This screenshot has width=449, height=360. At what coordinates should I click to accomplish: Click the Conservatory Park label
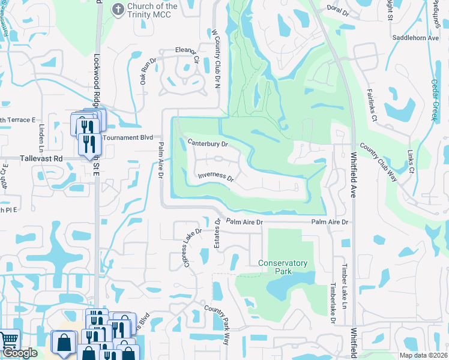[x=283, y=267]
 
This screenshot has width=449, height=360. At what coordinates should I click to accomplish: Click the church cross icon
[x=118, y=9]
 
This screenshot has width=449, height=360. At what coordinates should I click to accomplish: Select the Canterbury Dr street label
[x=208, y=144]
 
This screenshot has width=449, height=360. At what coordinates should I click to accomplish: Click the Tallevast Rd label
[x=41, y=158]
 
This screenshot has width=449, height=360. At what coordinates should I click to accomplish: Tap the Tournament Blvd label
[x=125, y=137]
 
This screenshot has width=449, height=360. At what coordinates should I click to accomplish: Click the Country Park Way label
[x=217, y=324]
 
